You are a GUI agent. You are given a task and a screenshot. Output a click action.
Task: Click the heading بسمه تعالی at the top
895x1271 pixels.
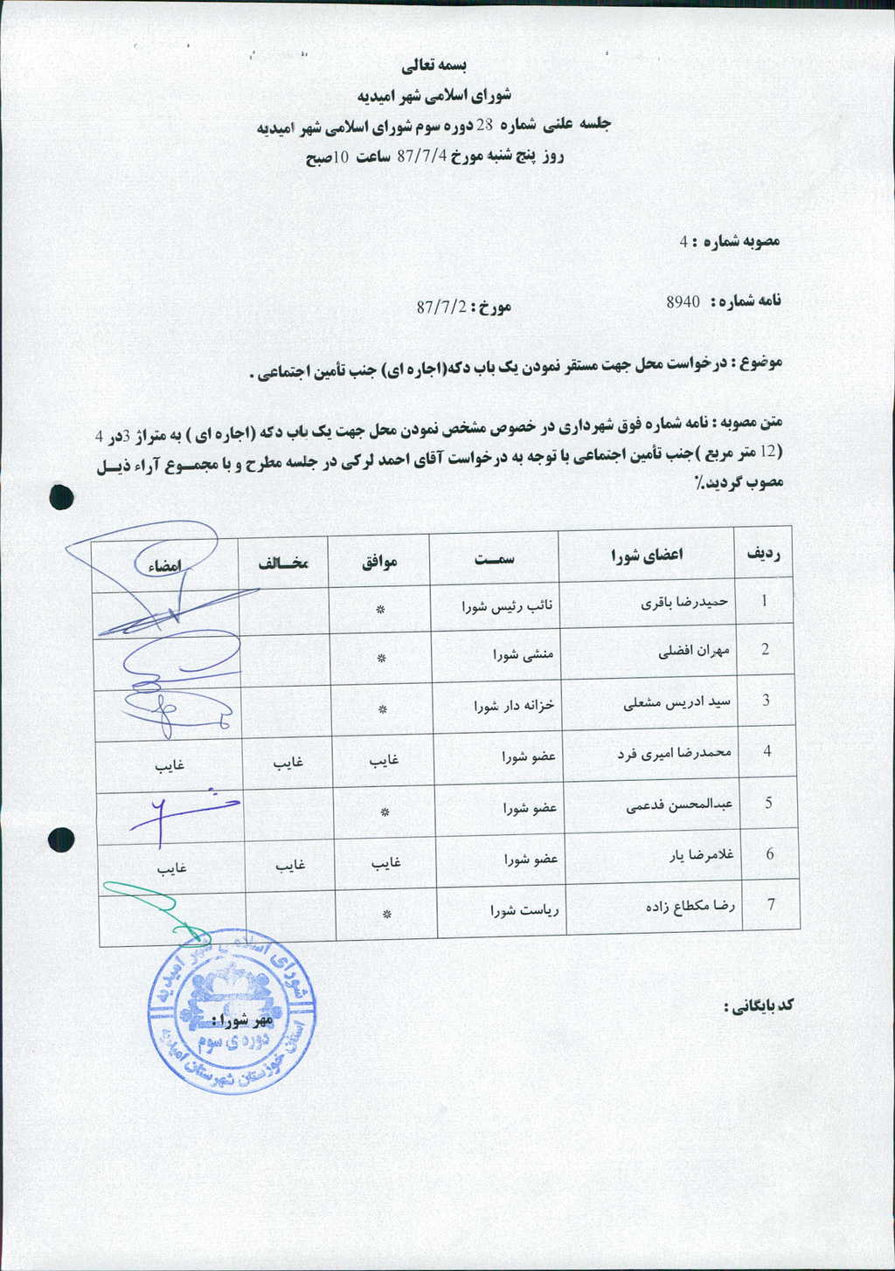(434, 66)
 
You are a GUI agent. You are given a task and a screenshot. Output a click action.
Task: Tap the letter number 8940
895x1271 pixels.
(683, 301)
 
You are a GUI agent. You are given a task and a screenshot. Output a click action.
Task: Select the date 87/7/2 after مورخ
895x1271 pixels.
(441, 307)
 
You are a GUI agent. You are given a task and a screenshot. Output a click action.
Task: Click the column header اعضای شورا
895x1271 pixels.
(647, 554)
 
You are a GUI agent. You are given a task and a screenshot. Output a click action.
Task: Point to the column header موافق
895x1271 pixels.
(380, 561)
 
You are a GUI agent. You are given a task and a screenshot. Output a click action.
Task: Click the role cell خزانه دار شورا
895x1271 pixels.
(514, 705)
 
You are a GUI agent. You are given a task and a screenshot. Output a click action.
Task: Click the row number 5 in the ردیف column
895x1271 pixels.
(768, 803)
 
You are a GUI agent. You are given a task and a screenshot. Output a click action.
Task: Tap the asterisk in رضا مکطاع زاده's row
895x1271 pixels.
(386, 914)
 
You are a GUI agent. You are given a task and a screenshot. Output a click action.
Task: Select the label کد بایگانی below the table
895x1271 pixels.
(758, 1005)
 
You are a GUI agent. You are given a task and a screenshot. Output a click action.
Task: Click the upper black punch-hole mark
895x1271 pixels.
(61, 496)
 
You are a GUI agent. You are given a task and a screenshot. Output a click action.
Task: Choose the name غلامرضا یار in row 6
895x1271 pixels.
(704, 855)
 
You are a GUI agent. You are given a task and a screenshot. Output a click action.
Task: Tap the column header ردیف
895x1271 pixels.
(763, 552)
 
